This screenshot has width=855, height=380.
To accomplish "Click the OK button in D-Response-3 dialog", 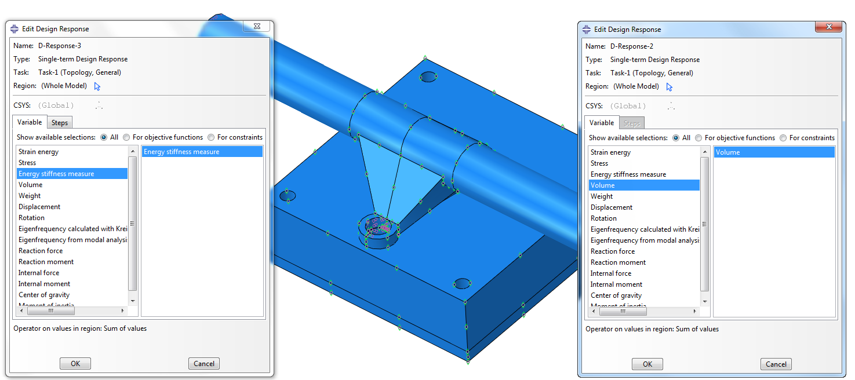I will (x=75, y=364).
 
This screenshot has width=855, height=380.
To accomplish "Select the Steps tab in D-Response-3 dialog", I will (x=60, y=122).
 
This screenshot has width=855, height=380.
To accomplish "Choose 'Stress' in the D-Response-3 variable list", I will (x=27, y=163).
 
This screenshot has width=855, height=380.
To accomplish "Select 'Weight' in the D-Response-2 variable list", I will (x=602, y=196).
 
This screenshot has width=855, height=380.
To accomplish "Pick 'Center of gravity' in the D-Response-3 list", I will (x=44, y=295).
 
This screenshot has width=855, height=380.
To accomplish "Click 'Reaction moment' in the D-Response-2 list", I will (x=618, y=262).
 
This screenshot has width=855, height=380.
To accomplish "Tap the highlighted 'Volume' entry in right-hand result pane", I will (x=728, y=152).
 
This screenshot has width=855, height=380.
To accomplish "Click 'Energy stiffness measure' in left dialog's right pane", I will (x=181, y=152).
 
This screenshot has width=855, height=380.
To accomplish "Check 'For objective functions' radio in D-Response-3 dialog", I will (x=127, y=137).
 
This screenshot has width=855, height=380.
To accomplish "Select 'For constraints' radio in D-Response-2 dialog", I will (x=783, y=138).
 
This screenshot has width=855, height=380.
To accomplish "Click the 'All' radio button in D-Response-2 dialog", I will (x=676, y=138).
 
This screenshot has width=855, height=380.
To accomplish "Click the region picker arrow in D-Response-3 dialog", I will (x=97, y=86).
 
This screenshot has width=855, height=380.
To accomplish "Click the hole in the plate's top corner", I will (x=428, y=76).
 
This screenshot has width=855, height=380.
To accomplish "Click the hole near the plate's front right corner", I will (x=462, y=283).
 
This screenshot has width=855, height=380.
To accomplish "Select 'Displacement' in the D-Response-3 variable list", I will (x=39, y=207).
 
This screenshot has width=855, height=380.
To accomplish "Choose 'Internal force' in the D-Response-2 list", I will (x=611, y=273).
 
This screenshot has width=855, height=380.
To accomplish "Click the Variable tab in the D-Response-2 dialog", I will (x=602, y=123).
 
